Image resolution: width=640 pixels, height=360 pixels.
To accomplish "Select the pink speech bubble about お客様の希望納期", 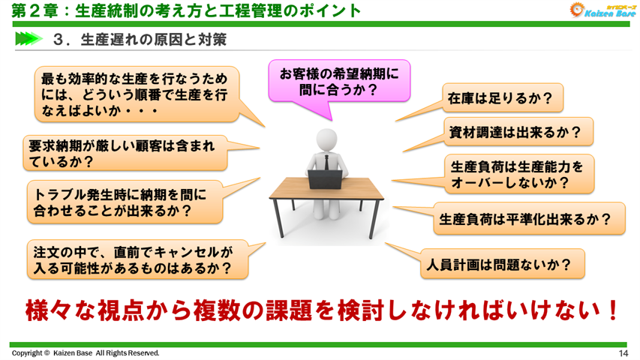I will pyautogui.click(x=339, y=81).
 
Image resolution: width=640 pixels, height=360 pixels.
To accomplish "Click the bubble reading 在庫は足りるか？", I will pyautogui.click(x=500, y=97).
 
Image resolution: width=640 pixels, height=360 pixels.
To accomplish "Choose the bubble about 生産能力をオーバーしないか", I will pyautogui.click(x=516, y=172).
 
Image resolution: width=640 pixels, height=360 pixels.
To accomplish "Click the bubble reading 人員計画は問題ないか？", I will pyautogui.click(x=501, y=263).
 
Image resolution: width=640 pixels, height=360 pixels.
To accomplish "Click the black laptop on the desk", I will pyautogui.click(x=325, y=178).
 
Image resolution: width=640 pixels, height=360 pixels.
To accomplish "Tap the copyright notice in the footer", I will pyautogui.click(x=85, y=353).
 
